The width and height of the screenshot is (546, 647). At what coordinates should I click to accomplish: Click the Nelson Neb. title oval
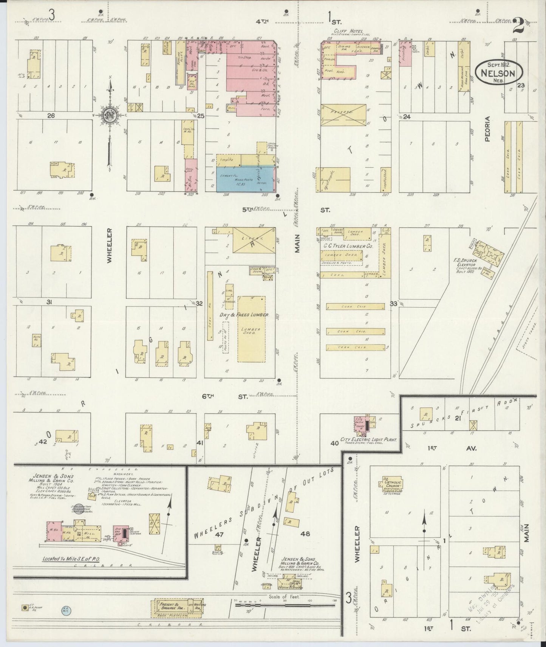(499, 72)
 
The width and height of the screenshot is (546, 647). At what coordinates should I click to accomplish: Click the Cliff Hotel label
(348, 31)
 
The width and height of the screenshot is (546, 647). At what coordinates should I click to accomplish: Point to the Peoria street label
(487, 129)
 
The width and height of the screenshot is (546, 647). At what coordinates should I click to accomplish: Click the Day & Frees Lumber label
(244, 314)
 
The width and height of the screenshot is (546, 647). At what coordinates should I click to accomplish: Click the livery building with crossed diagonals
(254, 240)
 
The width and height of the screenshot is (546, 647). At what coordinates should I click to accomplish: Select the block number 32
(200, 303)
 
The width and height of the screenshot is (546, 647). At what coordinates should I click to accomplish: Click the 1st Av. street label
(450, 448)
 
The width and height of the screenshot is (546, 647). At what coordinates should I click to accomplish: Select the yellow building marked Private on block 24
(343, 116)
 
